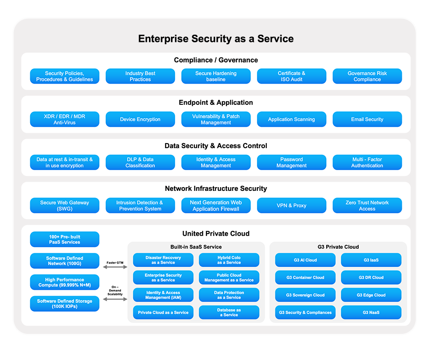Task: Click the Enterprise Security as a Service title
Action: [x=216, y=39]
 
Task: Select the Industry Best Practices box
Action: [x=140, y=76]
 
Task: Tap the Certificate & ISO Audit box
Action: [x=292, y=76]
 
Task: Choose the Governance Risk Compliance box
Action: [x=367, y=76]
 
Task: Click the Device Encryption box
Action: [x=140, y=119]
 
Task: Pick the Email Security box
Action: [x=367, y=119]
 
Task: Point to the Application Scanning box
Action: [x=292, y=119]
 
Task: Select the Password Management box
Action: [x=292, y=162]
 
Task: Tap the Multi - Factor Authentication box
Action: [x=367, y=162]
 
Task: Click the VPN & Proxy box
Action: [x=292, y=206]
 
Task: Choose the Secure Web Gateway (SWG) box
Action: [x=65, y=206]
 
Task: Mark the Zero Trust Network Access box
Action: [x=367, y=206]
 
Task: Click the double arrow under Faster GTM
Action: [x=115, y=267]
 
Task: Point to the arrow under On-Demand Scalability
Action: [x=115, y=299]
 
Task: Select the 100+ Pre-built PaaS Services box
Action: [x=65, y=239]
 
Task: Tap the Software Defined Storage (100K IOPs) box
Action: [x=65, y=304]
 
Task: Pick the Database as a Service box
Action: [x=229, y=312]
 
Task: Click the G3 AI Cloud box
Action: [x=306, y=260]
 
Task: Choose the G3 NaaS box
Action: [x=371, y=312]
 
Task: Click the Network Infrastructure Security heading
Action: [x=216, y=189]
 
